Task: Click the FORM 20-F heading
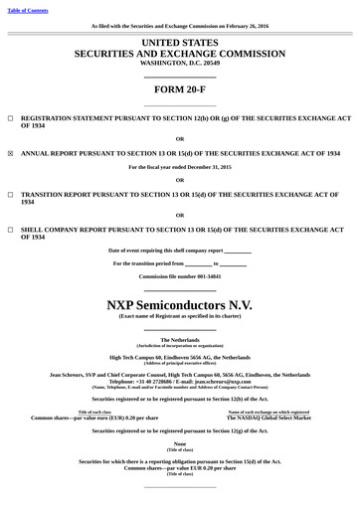click(180, 89)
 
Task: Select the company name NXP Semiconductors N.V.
click(180, 303)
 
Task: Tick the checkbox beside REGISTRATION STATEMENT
click(10, 117)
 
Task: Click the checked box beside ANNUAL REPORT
click(10, 154)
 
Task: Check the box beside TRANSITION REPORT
click(10, 194)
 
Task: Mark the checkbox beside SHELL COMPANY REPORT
click(10, 230)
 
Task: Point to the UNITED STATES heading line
click(180, 44)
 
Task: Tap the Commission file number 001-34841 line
click(180, 275)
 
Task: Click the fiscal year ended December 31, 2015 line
click(180, 167)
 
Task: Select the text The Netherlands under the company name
click(180, 340)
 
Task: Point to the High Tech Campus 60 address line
click(180, 357)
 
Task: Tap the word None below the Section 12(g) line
click(180, 443)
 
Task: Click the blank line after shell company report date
click(239, 251)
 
